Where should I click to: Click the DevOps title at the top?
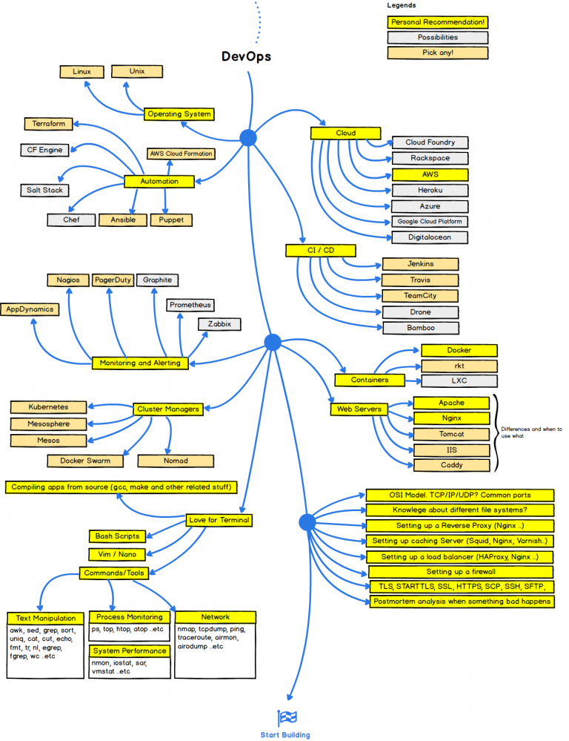[247, 56]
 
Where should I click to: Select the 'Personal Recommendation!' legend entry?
[437, 22]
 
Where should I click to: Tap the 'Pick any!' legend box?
[437, 53]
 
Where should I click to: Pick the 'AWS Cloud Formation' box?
[181, 154]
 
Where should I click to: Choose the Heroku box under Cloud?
[430, 190]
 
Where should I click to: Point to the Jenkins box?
[420, 264]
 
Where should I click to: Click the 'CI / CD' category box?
[320, 251]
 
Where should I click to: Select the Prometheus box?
[190, 305]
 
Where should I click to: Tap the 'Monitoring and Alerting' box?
[140, 363]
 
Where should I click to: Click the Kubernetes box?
[49, 407]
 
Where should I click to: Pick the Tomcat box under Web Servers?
[451, 434]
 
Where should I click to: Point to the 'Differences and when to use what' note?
[530, 432]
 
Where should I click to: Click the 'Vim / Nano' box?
[118, 554]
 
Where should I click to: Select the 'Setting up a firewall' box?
[460, 572]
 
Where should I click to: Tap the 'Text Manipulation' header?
[46, 618]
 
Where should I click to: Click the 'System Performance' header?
[130, 651]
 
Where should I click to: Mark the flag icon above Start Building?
[286, 717]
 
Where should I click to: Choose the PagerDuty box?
[113, 280]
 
